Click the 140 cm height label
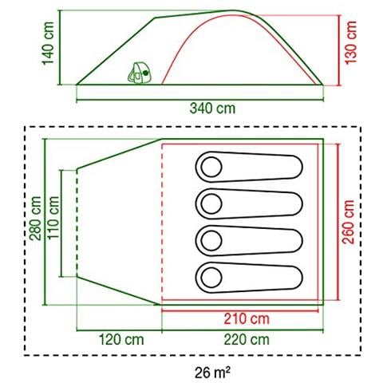(x=49, y=44)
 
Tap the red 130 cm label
(x=351, y=42)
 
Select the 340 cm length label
(x=212, y=109)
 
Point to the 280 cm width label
(x=36, y=219)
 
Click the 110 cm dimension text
(x=53, y=218)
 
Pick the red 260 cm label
(x=348, y=222)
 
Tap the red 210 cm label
(x=247, y=319)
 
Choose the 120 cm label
(x=121, y=340)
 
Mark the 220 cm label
(x=247, y=340)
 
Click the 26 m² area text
(x=212, y=373)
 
